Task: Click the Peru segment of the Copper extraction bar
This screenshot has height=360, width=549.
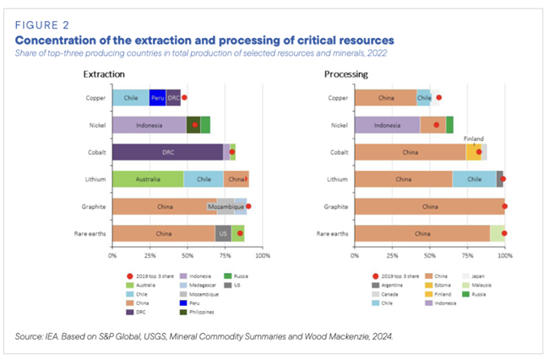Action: pos(157,98)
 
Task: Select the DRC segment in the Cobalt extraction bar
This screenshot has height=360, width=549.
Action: pos(167,152)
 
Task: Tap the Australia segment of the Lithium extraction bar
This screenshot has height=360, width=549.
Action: pos(148,179)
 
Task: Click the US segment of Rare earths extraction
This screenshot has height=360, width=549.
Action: pos(223,233)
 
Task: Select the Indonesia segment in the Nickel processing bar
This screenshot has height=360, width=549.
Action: pos(388,125)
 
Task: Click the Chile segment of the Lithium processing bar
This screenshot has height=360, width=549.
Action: pos(474,179)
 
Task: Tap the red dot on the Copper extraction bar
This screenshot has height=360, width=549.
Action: pos(184,98)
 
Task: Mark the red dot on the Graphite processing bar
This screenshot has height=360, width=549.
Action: pos(504,206)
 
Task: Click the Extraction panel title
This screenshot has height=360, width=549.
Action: pos(104,74)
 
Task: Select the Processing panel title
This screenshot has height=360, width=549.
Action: pos(346,74)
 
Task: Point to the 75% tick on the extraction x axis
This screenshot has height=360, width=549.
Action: pos(225,254)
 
